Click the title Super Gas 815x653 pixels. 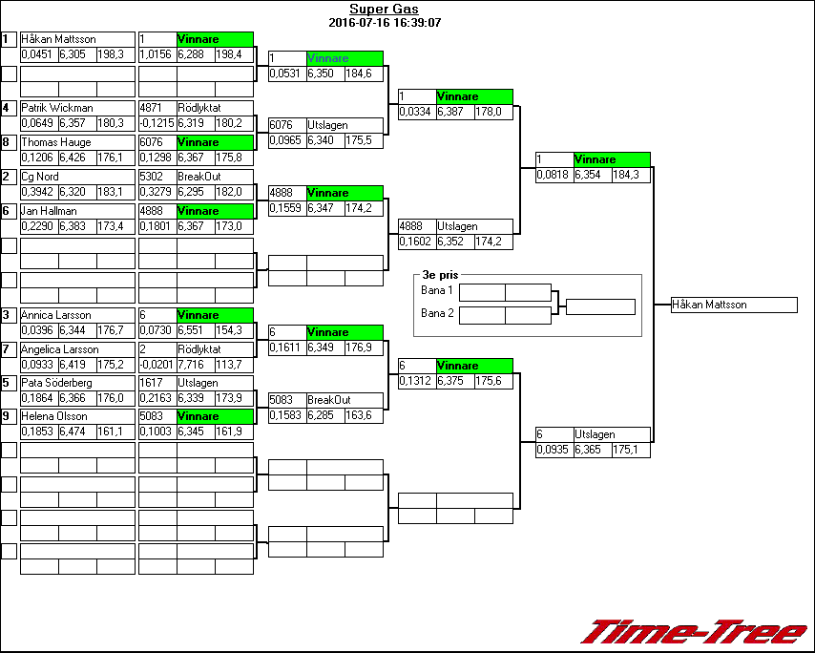pyautogui.click(x=384, y=10)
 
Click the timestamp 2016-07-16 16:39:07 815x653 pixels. pyautogui.click(x=384, y=22)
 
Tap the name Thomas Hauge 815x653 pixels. pyautogui.click(x=56, y=143)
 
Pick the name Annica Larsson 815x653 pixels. pyautogui.click(x=56, y=315)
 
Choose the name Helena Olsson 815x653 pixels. pyautogui.click(x=54, y=417)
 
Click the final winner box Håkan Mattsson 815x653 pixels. pyautogui.click(x=734, y=305)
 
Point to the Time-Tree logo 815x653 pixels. pyautogui.click(x=694, y=632)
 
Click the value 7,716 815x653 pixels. pyautogui.click(x=195, y=365)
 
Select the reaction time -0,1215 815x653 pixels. pyautogui.click(x=157, y=123)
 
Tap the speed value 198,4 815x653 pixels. pyautogui.click(x=234, y=54)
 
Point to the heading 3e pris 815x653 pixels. pyautogui.click(x=440, y=275)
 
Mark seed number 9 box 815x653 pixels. pyautogui.click(x=9, y=417)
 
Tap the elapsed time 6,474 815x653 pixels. pyautogui.click(x=77, y=432)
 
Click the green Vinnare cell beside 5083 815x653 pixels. pyautogui.click(x=215, y=417)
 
